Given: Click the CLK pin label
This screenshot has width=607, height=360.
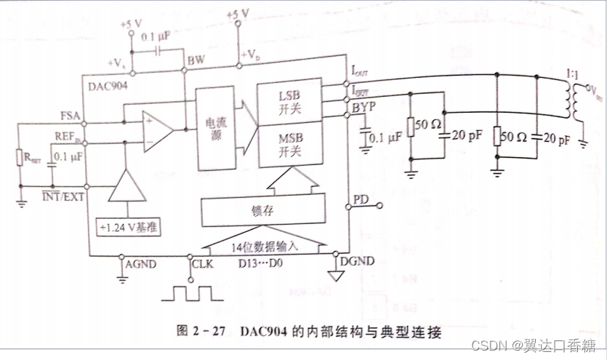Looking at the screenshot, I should pyautogui.click(x=203, y=265).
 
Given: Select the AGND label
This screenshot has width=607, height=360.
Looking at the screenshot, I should pyautogui.click(x=142, y=265).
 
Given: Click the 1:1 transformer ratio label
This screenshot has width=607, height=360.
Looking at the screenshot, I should pyautogui.click(x=571, y=74).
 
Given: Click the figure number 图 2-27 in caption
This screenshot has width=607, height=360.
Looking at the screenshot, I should pyautogui.click(x=198, y=330).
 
